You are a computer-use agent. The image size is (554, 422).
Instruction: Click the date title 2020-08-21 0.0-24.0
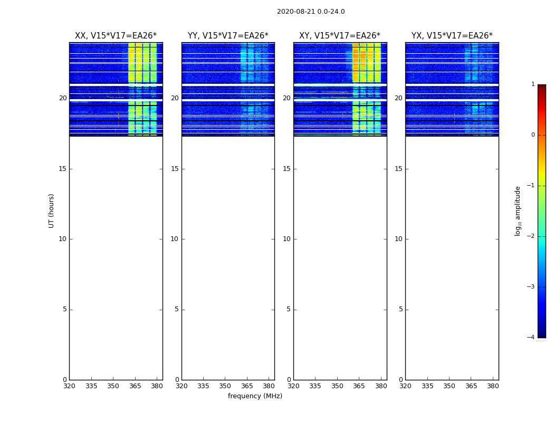click(x=311, y=12)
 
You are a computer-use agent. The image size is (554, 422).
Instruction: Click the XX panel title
click(x=116, y=36)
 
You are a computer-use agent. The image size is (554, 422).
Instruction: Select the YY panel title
click(x=228, y=36)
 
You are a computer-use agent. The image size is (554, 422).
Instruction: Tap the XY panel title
click(x=340, y=36)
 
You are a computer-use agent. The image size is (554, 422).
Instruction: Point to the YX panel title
click(x=452, y=36)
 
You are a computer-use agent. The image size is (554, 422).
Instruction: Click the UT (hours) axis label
click(x=51, y=210)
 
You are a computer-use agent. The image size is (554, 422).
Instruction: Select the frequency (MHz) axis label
click(x=255, y=396)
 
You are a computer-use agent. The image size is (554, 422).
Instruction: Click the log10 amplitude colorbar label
click(x=518, y=210)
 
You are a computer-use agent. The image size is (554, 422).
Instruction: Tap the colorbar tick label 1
click(x=533, y=84)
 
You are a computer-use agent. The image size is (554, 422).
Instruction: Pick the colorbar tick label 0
click(x=533, y=135)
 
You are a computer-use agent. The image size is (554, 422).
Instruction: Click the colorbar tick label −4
click(x=531, y=338)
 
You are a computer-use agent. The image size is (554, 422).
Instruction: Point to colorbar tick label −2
click(x=531, y=236)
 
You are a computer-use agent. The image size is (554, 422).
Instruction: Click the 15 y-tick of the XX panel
click(x=63, y=169)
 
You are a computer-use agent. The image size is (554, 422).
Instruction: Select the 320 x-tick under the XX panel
click(x=69, y=386)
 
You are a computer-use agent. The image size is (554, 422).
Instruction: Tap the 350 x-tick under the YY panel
click(x=225, y=386)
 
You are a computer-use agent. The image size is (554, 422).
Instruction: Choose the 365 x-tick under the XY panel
click(x=359, y=386)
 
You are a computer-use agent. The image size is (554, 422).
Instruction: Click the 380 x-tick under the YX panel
click(x=493, y=386)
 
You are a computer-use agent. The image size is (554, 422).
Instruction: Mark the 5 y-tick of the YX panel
click(x=400, y=310)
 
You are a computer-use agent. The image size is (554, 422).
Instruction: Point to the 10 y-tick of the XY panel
click(x=286, y=239)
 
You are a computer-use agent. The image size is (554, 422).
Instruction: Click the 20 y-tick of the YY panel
click(x=175, y=98)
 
